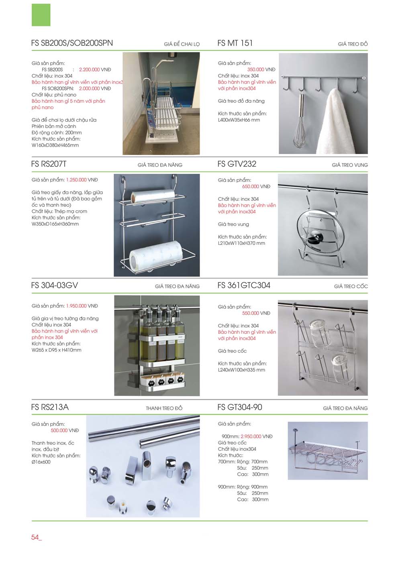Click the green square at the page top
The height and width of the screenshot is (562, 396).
(41, 15)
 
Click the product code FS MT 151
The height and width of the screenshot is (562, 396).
(235, 43)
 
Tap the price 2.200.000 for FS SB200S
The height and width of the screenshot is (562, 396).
(89, 69)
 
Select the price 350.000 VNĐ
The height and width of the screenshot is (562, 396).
(261, 69)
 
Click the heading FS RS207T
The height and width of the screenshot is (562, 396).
(49, 164)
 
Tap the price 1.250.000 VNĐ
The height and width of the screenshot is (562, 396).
(82, 180)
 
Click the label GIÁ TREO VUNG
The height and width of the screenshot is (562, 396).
(349, 165)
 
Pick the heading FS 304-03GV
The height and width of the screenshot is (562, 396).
(54, 286)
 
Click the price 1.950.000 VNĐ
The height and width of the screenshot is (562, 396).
(82, 306)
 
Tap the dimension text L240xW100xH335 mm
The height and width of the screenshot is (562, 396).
(241, 370)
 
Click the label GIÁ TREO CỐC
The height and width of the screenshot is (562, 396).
(351, 286)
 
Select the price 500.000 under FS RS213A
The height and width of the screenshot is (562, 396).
(59, 430)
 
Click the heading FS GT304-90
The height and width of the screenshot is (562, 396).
(239, 407)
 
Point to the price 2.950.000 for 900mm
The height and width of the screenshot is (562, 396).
(251, 436)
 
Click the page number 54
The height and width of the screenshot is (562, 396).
(35, 537)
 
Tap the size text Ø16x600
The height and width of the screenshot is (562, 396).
(41, 462)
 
